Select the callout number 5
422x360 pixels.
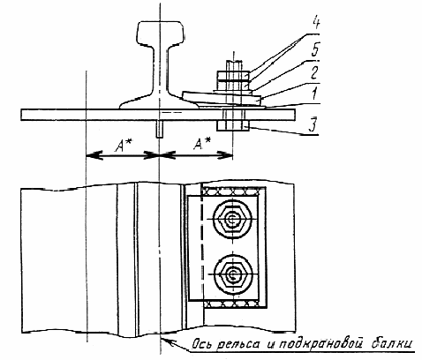pos(315,49)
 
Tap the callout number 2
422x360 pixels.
pos(314,72)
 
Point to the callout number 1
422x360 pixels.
pos(314,94)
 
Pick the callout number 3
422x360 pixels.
pos(313,124)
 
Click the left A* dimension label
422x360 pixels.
pos(124,145)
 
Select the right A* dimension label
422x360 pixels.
pos(202,144)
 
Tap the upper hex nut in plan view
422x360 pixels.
pos(232,219)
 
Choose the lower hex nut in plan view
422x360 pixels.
pos(232,274)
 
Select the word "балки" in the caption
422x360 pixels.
pos(392,343)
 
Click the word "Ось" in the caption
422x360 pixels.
pos(201,344)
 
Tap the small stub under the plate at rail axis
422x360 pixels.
pos(160,129)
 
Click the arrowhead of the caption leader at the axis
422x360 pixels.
pos(166,341)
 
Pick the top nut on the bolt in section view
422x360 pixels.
pos(233,76)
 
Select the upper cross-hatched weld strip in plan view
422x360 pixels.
pos(230,191)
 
